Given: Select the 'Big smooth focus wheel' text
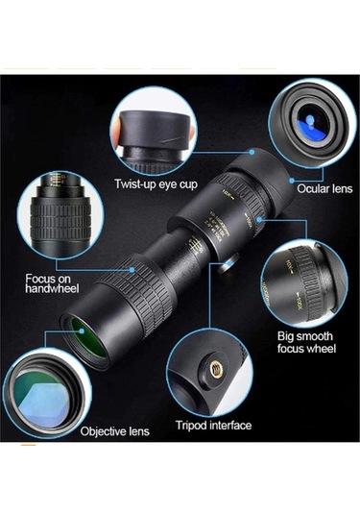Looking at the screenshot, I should click(x=305, y=343).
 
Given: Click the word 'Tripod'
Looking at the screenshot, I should click(x=193, y=425).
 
